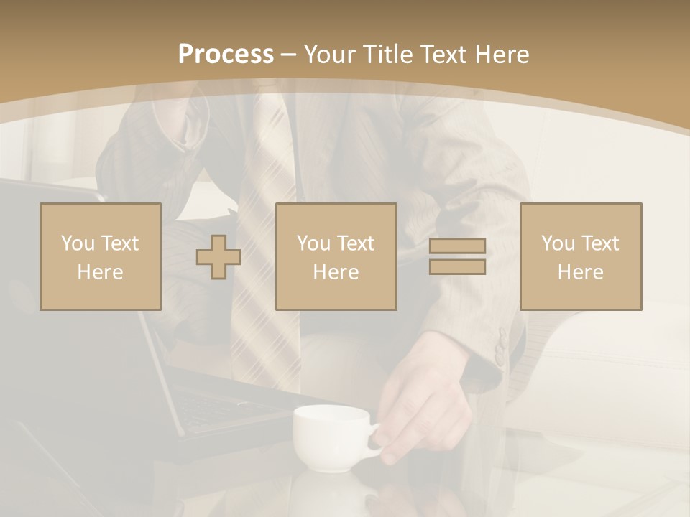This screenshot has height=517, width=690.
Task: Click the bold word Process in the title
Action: coord(226,55)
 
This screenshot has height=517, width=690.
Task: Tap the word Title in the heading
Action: coord(389,55)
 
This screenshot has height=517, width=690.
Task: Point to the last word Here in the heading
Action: coord(502,55)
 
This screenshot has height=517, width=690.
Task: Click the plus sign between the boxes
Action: coord(218,256)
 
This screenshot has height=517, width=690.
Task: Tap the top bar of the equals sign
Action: coord(457,246)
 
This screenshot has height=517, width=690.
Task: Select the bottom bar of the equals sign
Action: coord(457,266)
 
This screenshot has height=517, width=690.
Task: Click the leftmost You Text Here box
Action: coord(101,256)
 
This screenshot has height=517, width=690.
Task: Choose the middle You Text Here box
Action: coord(336,256)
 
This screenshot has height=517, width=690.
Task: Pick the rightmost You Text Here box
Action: coord(581,256)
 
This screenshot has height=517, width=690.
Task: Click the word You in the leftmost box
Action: coord(76,243)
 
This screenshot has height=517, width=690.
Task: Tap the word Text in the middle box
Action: coord(355,243)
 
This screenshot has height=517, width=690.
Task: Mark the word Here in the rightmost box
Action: coord(581,271)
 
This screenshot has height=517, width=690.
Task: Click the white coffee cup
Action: coord(331,437)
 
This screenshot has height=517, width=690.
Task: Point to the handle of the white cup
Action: coord(375,439)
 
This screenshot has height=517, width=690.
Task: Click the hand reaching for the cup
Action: coord(424,391)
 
